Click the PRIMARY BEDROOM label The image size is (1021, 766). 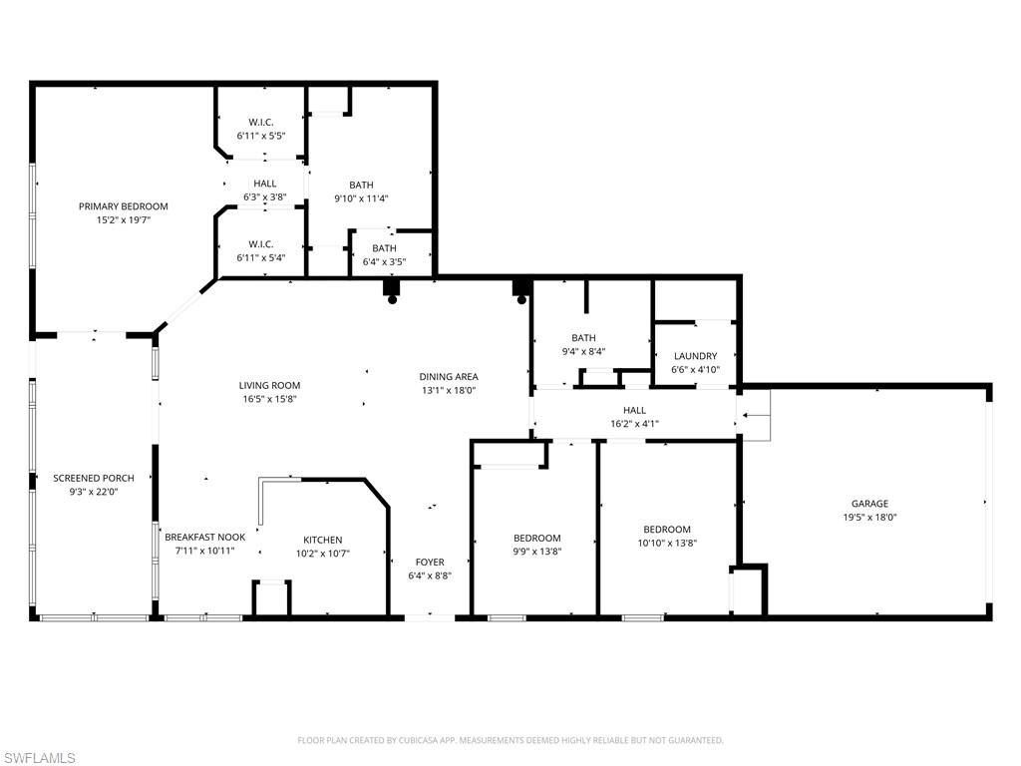(x=124, y=206)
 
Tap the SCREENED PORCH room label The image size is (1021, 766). (x=94, y=479)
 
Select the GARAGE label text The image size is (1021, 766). (x=869, y=504)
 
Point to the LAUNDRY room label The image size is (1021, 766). (x=695, y=356)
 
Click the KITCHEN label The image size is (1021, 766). (x=323, y=540)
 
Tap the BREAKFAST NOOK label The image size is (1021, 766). (x=204, y=537)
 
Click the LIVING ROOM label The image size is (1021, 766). (x=269, y=385)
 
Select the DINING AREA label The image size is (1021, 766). (x=448, y=377)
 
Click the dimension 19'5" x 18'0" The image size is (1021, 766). (x=869, y=518)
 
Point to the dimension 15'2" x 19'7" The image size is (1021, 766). (x=124, y=219)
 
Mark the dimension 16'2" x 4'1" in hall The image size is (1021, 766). (x=634, y=424)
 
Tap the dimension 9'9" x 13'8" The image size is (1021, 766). (x=536, y=551)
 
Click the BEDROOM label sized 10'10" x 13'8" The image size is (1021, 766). (x=666, y=530)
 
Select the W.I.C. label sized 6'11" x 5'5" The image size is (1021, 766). (x=261, y=122)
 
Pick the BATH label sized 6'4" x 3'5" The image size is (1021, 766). (x=384, y=248)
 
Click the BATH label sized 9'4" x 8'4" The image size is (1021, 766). (x=583, y=338)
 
